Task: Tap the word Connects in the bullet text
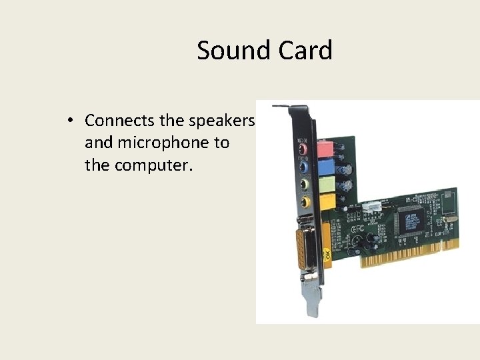(x=120, y=121)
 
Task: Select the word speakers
(x=221, y=121)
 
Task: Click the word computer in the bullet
(x=153, y=165)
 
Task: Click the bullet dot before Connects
(x=69, y=121)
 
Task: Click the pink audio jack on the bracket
(x=304, y=148)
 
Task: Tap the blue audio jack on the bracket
(x=304, y=166)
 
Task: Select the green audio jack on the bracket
(x=304, y=184)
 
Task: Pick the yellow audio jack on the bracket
(x=305, y=201)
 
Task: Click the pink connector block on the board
(x=324, y=147)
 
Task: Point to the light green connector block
(x=325, y=183)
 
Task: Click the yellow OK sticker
(x=327, y=255)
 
